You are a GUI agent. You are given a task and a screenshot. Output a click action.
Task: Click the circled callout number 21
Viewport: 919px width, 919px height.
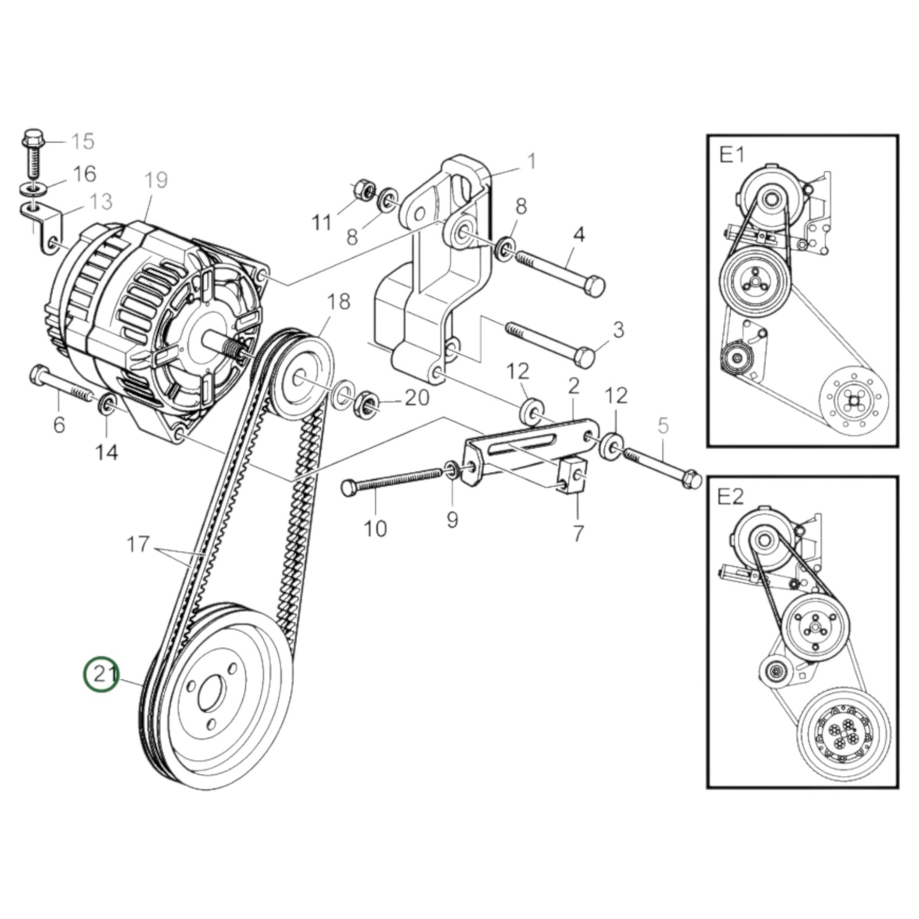(102, 674)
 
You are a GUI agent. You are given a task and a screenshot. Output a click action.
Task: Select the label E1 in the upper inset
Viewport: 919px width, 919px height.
(731, 155)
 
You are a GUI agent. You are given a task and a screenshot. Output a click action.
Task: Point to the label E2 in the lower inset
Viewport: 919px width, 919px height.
(730, 497)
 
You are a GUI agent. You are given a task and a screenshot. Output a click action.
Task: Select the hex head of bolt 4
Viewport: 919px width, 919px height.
(593, 286)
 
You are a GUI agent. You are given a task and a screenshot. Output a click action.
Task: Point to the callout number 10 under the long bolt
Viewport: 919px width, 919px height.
(375, 528)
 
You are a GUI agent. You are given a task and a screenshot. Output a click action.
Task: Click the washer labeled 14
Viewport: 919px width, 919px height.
(107, 403)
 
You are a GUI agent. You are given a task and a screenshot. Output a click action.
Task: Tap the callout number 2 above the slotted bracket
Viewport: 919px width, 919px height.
(573, 385)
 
